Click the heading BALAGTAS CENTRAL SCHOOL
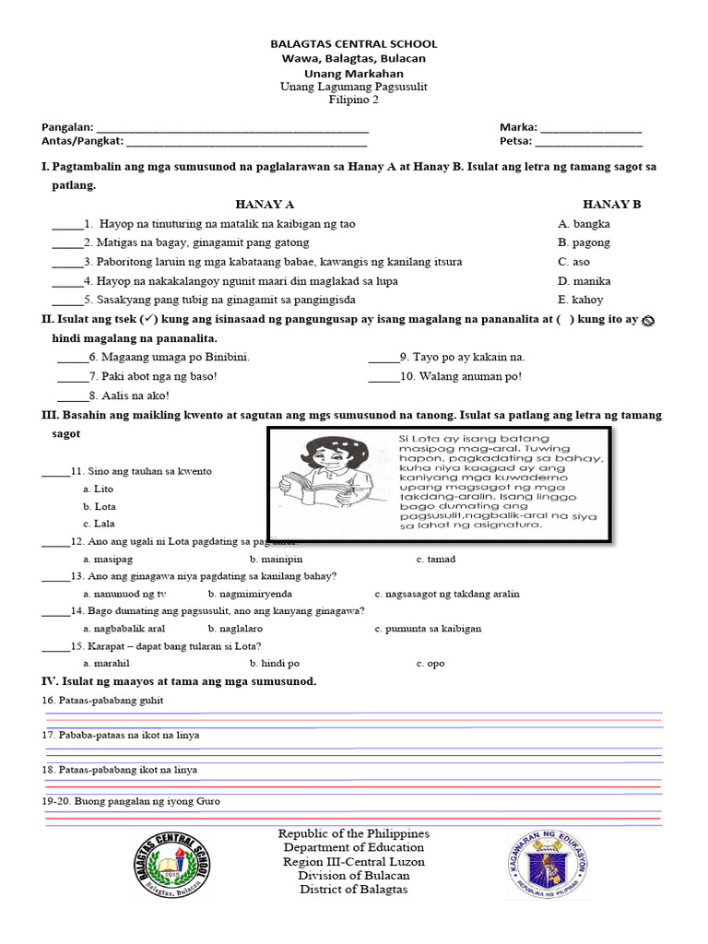(353, 44)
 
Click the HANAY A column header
(265, 205)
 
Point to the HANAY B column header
(611, 205)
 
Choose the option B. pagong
(584, 243)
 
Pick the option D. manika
(584, 281)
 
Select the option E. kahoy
(581, 300)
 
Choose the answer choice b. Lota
(99, 507)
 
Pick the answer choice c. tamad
(435, 560)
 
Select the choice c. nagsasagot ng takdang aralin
(447, 595)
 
